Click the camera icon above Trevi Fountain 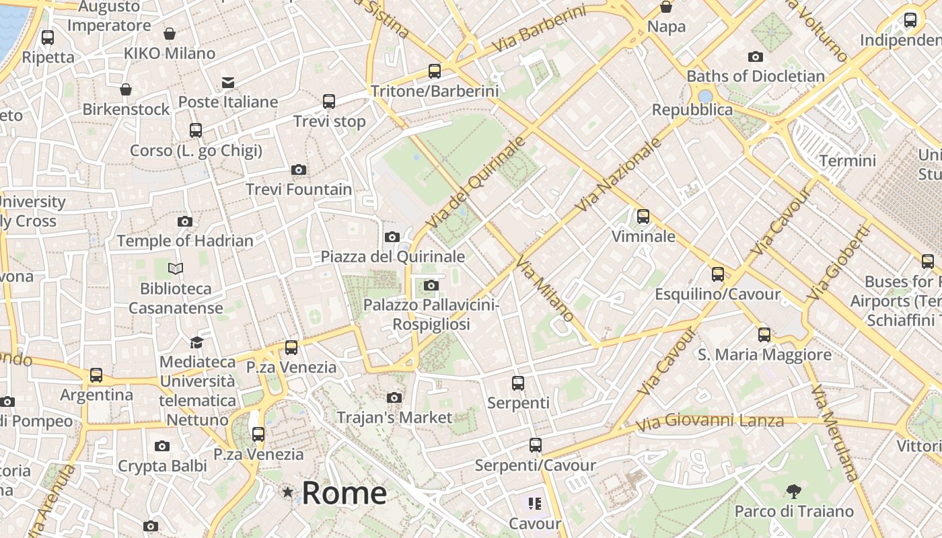pos(299,170)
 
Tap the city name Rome pos(344,493)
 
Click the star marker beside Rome pos(288,493)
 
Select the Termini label pos(847,161)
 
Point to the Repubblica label pos(692,110)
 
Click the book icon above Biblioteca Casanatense pos(176,269)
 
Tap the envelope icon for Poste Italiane pos(228,83)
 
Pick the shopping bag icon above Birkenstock pos(126,89)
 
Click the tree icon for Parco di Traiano pos(794,492)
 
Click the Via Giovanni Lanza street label pos(710,422)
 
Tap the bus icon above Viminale pos(643,217)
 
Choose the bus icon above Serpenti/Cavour pos(536,445)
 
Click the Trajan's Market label pos(394,418)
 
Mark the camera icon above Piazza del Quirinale pos(392,237)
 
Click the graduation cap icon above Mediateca pos(196,342)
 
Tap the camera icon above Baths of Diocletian pos(756,57)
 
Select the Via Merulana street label pos(834,432)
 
